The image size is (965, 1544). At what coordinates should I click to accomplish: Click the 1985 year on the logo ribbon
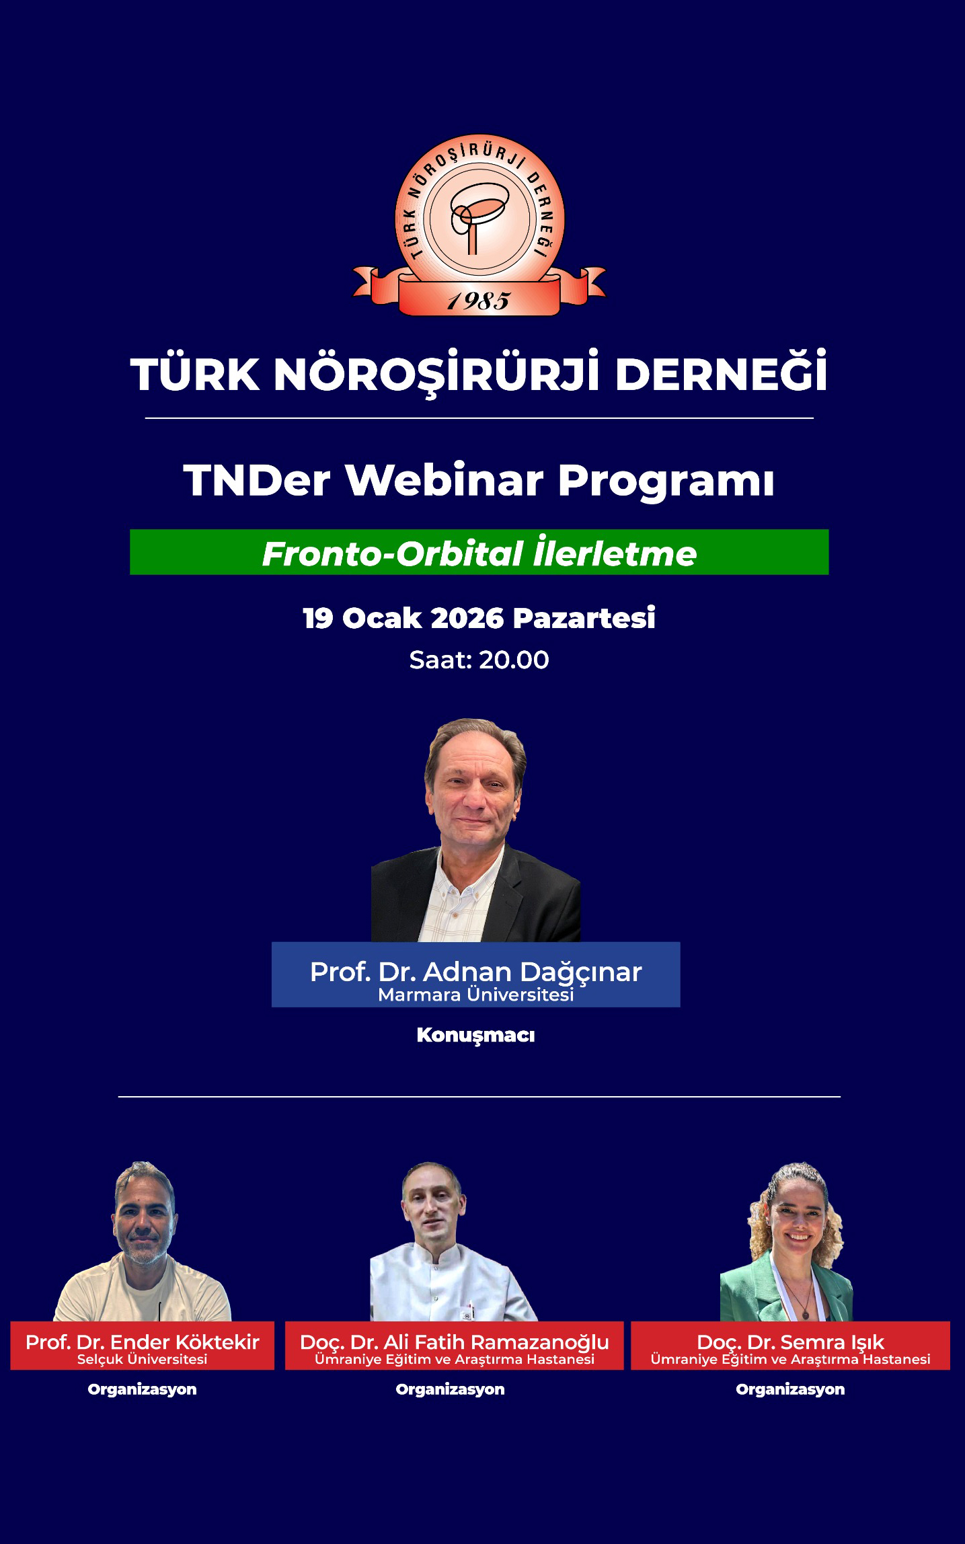pyautogui.click(x=479, y=301)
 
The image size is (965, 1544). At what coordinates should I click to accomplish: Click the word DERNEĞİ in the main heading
pyautogui.click(x=721, y=373)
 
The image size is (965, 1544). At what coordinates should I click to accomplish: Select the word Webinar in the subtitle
pyautogui.click(x=444, y=480)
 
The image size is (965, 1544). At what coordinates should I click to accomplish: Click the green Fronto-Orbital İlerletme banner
pyautogui.click(x=479, y=552)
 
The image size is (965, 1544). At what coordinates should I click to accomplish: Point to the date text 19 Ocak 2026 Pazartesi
pyautogui.click(x=479, y=618)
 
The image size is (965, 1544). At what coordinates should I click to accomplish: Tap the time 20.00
pyautogui.click(x=514, y=660)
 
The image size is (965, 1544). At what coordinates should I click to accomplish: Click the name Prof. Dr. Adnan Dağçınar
pyautogui.click(x=475, y=972)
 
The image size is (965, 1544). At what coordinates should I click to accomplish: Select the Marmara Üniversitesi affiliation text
pyautogui.click(x=475, y=995)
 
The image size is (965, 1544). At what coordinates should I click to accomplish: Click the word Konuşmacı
pyautogui.click(x=475, y=1035)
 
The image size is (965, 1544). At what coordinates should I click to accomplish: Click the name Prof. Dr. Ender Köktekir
pyautogui.click(x=142, y=1342)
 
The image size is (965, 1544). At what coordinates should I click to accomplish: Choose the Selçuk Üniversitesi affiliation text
pyautogui.click(x=142, y=1359)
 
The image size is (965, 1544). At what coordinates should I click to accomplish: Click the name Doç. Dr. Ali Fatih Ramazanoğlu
pyautogui.click(x=454, y=1342)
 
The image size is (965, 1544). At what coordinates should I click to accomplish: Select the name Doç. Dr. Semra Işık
pyautogui.click(x=790, y=1342)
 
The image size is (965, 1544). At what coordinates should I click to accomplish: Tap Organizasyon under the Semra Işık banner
pyautogui.click(x=790, y=1389)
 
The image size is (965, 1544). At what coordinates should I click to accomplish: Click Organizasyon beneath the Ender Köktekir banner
pyautogui.click(x=142, y=1389)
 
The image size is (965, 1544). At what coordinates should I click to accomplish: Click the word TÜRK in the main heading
pyautogui.click(x=195, y=373)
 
